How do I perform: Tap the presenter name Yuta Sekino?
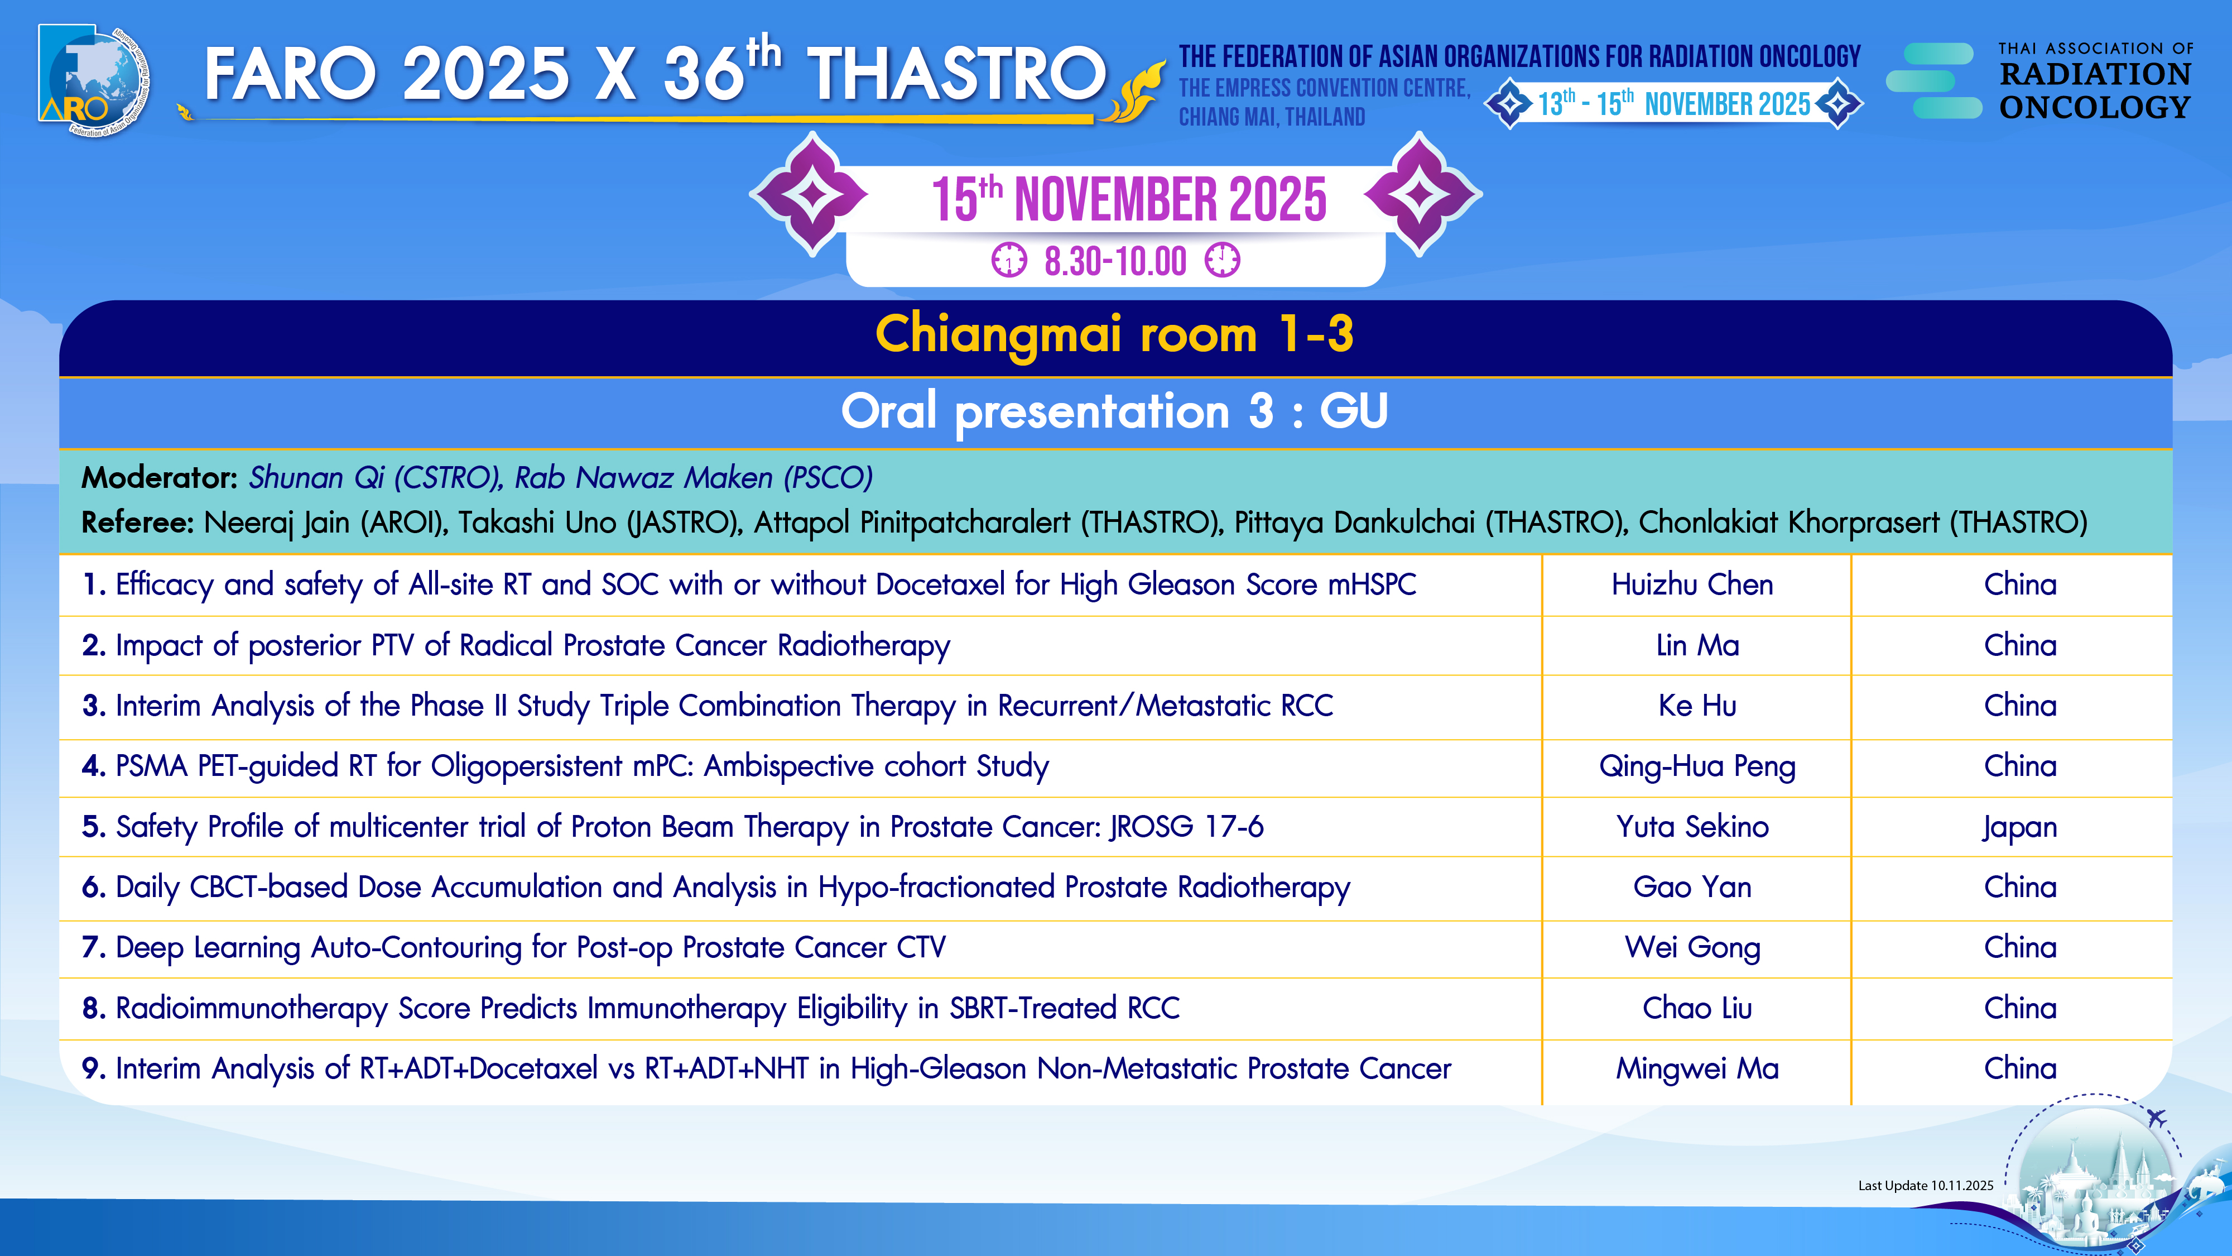tap(1692, 827)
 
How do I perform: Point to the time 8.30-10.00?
tap(1115, 261)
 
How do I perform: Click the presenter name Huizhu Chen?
tap(1692, 584)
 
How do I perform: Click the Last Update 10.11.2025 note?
tap(1925, 1186)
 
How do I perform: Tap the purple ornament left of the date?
tap(810, 194)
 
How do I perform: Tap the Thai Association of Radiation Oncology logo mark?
tap(1934, 80)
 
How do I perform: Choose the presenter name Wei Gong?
tap(1692, 947)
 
